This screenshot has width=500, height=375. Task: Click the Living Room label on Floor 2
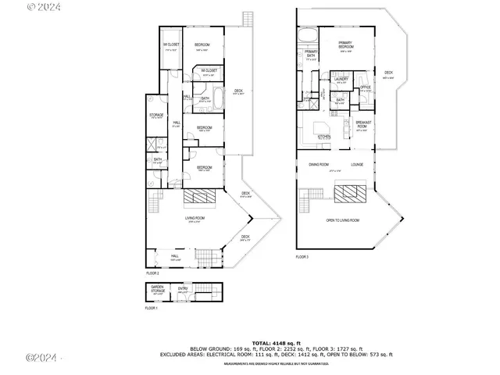click(x=195, y=218)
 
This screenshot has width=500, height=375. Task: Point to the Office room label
click(x=365, y=87)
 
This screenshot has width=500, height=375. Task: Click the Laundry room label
click(x=340, y=79)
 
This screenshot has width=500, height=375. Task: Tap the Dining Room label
click(x=318, y=165)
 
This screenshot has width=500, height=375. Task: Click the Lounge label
click(x=357, y=165)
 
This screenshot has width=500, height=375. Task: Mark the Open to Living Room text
click(x=342, y=220)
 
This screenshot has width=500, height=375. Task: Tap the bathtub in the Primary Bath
click(x=307, y=34)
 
